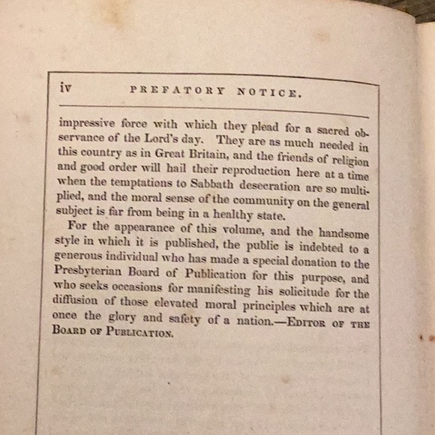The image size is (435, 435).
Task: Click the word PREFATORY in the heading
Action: tap(177, 91)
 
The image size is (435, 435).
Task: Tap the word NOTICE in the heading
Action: tap(269, 94)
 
